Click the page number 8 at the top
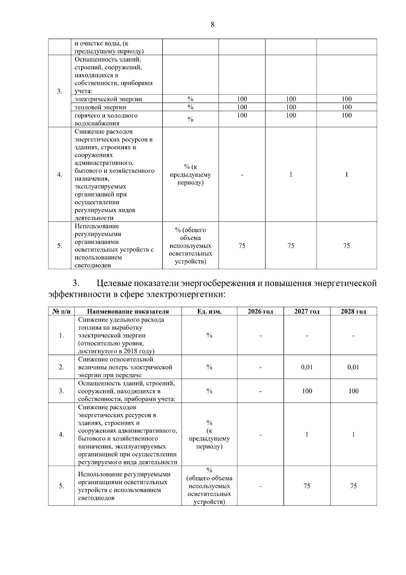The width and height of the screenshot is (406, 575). pos(212,24)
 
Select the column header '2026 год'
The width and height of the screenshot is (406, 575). pos(260,311)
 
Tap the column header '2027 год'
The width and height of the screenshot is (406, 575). pos(307,311)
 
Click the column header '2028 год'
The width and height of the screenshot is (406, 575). pos(353,311)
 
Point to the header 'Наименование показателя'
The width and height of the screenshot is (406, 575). pos(128,311)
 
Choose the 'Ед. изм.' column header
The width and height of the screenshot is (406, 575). pos(209,311)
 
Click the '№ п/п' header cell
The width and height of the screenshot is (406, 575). pos(61,311)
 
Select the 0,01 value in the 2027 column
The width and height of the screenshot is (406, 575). pos(307,367)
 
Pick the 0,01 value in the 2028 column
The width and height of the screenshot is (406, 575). pos(353,367)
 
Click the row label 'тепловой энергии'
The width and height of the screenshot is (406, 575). pos(100,107)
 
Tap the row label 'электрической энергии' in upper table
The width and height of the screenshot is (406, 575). pos(108,99)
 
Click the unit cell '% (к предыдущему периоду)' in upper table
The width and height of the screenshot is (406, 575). pos(190,175)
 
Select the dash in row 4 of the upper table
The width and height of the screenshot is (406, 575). pos(242,175)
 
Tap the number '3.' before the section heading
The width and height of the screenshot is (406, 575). pos(76,283)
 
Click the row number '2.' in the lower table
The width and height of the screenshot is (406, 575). pos(61,367)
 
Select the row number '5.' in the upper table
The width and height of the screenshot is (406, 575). pos(60,246)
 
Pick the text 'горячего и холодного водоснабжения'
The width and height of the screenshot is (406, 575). pos(106,119)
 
